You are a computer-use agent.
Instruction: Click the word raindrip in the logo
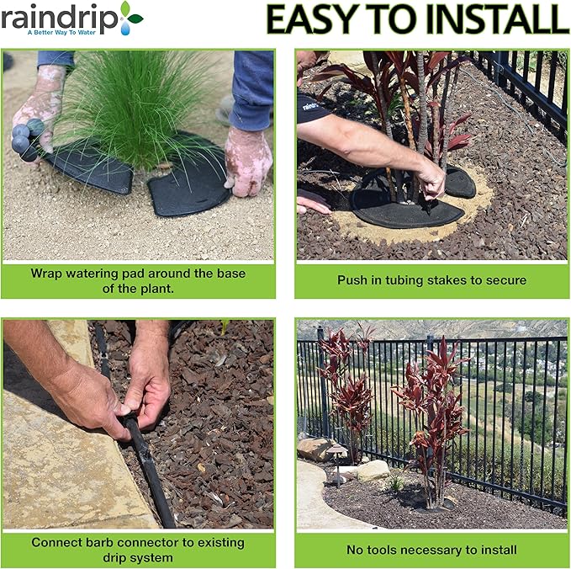(57, 18)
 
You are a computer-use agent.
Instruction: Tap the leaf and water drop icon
(130, 17)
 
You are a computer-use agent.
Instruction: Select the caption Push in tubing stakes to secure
(431, 279)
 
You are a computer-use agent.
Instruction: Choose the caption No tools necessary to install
(431, 550)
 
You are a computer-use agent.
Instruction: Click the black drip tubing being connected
(151, 471)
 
